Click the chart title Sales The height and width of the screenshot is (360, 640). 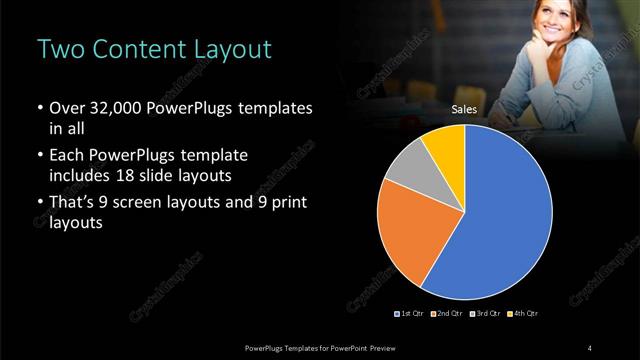[x=465, y=110]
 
